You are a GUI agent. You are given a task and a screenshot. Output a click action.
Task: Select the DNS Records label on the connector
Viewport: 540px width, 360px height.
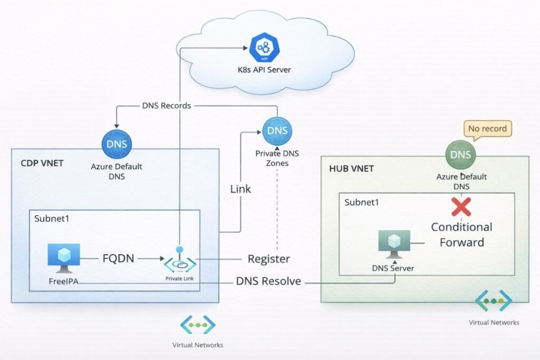(x=166, y=105)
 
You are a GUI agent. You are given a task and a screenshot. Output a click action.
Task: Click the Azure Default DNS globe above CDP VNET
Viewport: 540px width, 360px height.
(x=117, y=144)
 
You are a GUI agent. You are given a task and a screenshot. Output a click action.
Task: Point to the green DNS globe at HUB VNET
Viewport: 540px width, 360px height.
(x=460, y=155)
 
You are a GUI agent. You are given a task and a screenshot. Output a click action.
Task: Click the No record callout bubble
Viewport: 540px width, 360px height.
(x=487, y=128)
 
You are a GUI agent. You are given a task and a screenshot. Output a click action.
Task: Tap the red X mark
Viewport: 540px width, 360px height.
(x=461, y=207)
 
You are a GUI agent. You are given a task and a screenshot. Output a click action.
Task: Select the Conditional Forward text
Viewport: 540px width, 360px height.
(x=461, y=235)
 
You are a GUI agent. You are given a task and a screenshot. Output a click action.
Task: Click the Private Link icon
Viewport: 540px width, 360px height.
(x=180, y=261)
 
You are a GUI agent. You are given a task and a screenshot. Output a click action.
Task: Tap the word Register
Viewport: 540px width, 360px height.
(x=268, y=259)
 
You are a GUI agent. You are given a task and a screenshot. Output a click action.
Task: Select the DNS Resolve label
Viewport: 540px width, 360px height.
(x=268, y=281)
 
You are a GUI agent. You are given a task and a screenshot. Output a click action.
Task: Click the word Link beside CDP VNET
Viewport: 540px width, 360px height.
(x=240, y=188)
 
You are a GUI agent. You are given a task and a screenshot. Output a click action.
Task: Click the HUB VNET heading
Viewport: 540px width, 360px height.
(x=351, y=169)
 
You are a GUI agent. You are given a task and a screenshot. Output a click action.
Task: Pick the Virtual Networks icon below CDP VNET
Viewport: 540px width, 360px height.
(x=197, y=325)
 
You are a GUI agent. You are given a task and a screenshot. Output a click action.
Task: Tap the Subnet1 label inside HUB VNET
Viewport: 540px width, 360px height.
(x=361, y=202)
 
